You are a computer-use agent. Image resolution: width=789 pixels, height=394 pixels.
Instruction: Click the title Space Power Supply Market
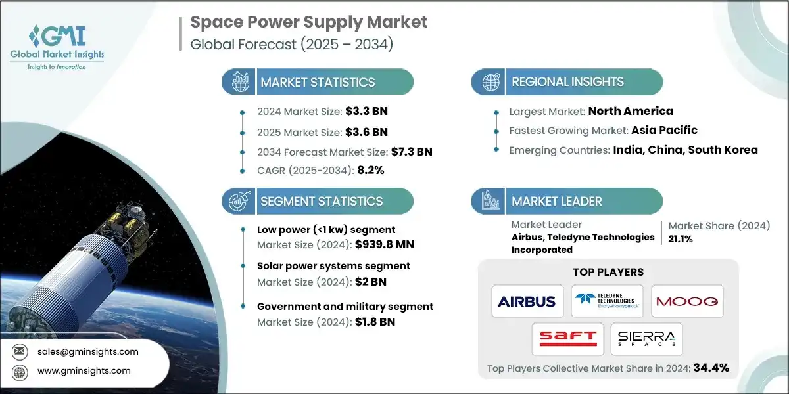tap(309, 22)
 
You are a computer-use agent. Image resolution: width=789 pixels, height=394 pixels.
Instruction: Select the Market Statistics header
tap(318, 82)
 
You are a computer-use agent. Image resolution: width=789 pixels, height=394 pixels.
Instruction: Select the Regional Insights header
tap(567, 82)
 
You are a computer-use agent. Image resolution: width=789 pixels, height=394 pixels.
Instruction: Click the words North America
tap(631, 111)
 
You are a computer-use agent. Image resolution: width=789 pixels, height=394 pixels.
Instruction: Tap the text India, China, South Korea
tap(685, 150)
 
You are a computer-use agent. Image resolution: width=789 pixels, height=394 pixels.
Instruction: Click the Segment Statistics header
tap(321, 201)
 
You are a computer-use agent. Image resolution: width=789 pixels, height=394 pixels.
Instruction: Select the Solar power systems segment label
tap(333, 266)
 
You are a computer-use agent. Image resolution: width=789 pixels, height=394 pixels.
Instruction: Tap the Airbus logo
tap(527, 301)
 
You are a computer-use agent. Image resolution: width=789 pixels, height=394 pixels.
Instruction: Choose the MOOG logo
tap(687, 301)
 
